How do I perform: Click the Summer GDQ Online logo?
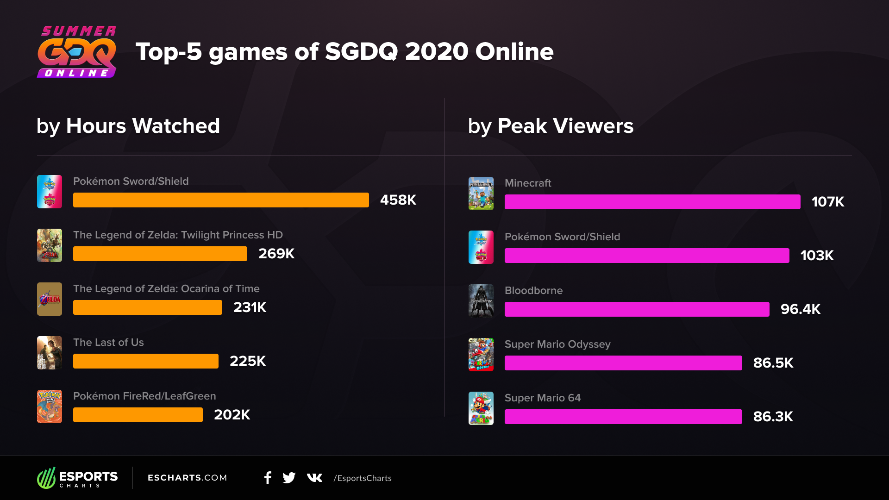pos(77,52)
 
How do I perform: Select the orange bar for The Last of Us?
pos(145,361)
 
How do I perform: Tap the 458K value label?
pos(398,200)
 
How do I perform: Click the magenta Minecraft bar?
pos(652,202)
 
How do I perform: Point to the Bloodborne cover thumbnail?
pos(481,301)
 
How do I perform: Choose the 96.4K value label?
pos(800,309)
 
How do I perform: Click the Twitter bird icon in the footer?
pos(289,478)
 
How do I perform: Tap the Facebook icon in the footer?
pos(268,478)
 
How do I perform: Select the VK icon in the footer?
pos(314,478)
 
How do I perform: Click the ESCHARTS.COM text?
pos(187,478)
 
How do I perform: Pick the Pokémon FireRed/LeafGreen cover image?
pos(50,406)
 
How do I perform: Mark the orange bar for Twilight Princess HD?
pos(160,254)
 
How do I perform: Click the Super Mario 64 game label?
pos(542,398)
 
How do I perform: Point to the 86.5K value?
pos(773,363)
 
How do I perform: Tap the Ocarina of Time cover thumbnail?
pos(50,299)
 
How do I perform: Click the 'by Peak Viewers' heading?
pos(550,126)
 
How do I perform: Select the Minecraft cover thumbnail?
pos(481,194)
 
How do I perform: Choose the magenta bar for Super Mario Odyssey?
pos(623,363)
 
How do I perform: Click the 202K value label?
pos(232,415)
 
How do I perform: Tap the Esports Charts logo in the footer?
pos(77,478)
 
